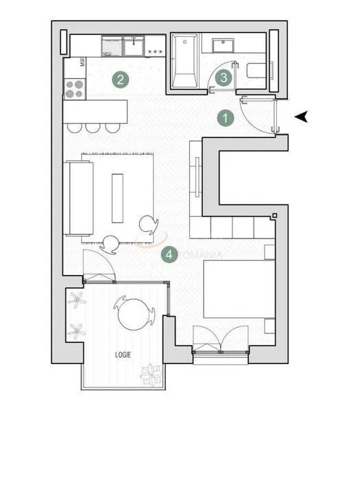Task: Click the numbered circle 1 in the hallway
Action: point(226,118)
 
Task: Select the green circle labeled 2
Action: point(120,80)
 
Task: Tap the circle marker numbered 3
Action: point(224,78)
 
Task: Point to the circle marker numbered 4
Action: point(169,255)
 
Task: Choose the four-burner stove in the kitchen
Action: point(74,88)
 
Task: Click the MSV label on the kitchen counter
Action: point(108,53)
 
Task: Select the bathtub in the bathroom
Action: point(185,63)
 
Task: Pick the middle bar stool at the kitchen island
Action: point(93,127)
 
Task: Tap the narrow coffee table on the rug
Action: point(118,198)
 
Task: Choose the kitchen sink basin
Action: point(133,47)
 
